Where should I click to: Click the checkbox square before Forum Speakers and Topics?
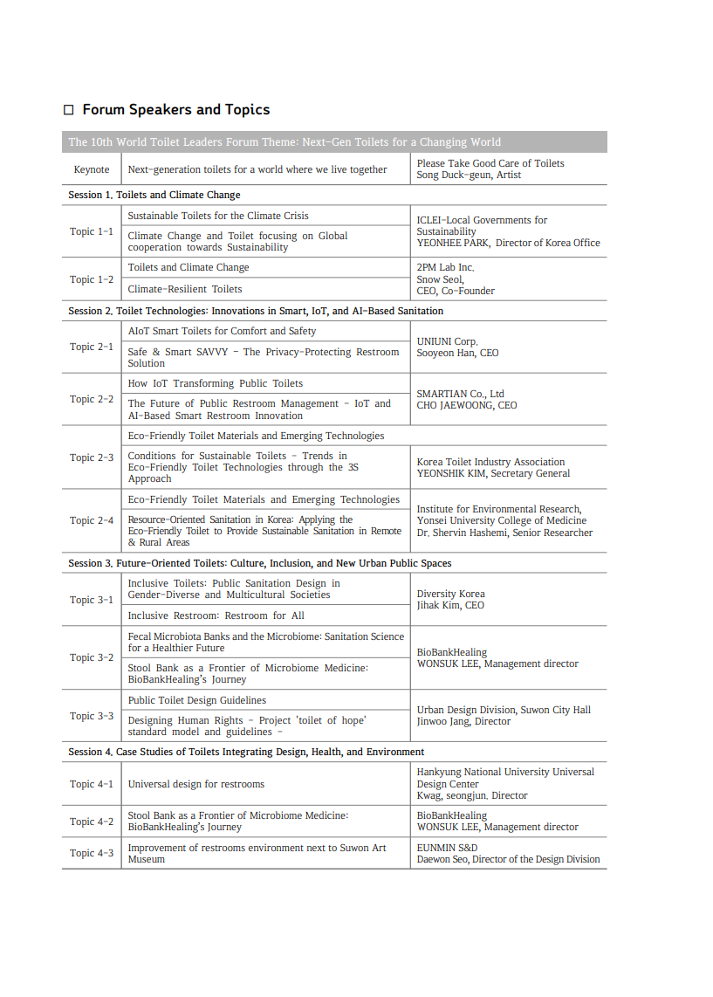pyautogui.click(x=69, y=110)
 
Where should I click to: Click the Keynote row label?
pyautogui.click(x=92, y=169)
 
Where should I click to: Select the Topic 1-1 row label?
pyautogui.click(x=92, y=231)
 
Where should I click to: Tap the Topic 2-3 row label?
pyautogui.click(x=92, y=457)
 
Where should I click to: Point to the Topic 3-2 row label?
pyautogui.click(x=92, y=657)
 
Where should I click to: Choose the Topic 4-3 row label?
pyautogui.click(x=92, y=853)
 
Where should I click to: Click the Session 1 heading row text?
pyautogui.click(x=154, y=195)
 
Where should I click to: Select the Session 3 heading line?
pyautogui.click(x=260, y=563)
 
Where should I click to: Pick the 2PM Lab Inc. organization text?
pyautogui.click(x=445, y=267)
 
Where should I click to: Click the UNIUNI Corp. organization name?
pyautogui.click(x=447, y=341)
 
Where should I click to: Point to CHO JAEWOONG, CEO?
pyautogui.click(x=466, y=405)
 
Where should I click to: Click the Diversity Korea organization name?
pyautogui.click(x=450, y=594)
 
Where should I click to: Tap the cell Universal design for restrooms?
pyautogui.click(x=196, y=784)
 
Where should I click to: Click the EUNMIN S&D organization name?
pyautogui.click(x=447, y=847)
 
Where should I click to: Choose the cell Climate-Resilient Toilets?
pyautogui.click(x=185, y=289)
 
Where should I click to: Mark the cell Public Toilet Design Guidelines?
pyautogui.click(x=197, y=700)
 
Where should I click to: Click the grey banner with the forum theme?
pyautogui.click(x=334, y=141)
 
